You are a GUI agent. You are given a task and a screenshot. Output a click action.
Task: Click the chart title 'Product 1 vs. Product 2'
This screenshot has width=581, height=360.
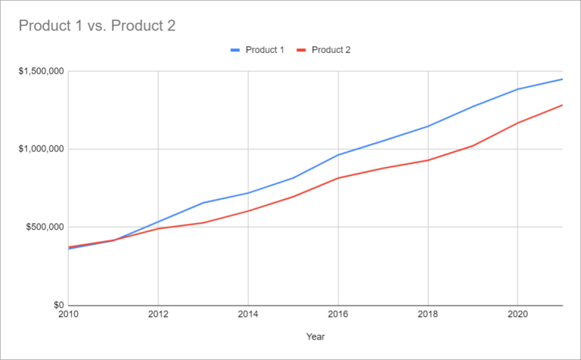tap(96, 26)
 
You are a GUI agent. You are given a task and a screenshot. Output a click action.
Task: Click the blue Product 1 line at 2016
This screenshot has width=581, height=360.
tap(338, 155)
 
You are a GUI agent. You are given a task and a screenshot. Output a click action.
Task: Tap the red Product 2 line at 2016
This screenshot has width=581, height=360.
tap(338, 178)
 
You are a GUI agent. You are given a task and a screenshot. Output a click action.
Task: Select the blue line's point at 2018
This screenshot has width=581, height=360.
tap(428, 126)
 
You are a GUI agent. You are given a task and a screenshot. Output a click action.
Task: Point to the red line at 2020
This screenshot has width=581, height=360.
tap(517, 123)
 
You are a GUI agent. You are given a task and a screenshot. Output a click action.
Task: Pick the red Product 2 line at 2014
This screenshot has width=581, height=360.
tap(248, 211)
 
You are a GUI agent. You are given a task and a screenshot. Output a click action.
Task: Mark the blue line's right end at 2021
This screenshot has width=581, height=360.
tap(562, 79)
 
